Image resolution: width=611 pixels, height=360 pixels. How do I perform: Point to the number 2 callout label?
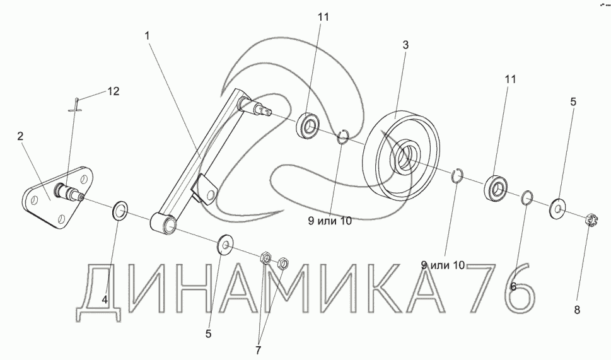coord(21,137)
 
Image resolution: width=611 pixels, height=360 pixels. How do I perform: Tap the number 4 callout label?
coord(105,299)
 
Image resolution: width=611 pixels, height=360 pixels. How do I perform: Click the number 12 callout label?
coord(112,91)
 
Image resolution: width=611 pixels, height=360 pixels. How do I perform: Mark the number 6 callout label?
coord(513,286)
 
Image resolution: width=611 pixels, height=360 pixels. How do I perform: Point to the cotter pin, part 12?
coord(75,106)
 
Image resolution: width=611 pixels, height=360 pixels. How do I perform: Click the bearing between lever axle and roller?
coord(309,125)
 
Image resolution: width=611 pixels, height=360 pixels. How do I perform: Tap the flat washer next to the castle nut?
coord(558,206)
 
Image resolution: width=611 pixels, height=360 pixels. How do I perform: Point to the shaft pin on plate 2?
coord(69,190)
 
